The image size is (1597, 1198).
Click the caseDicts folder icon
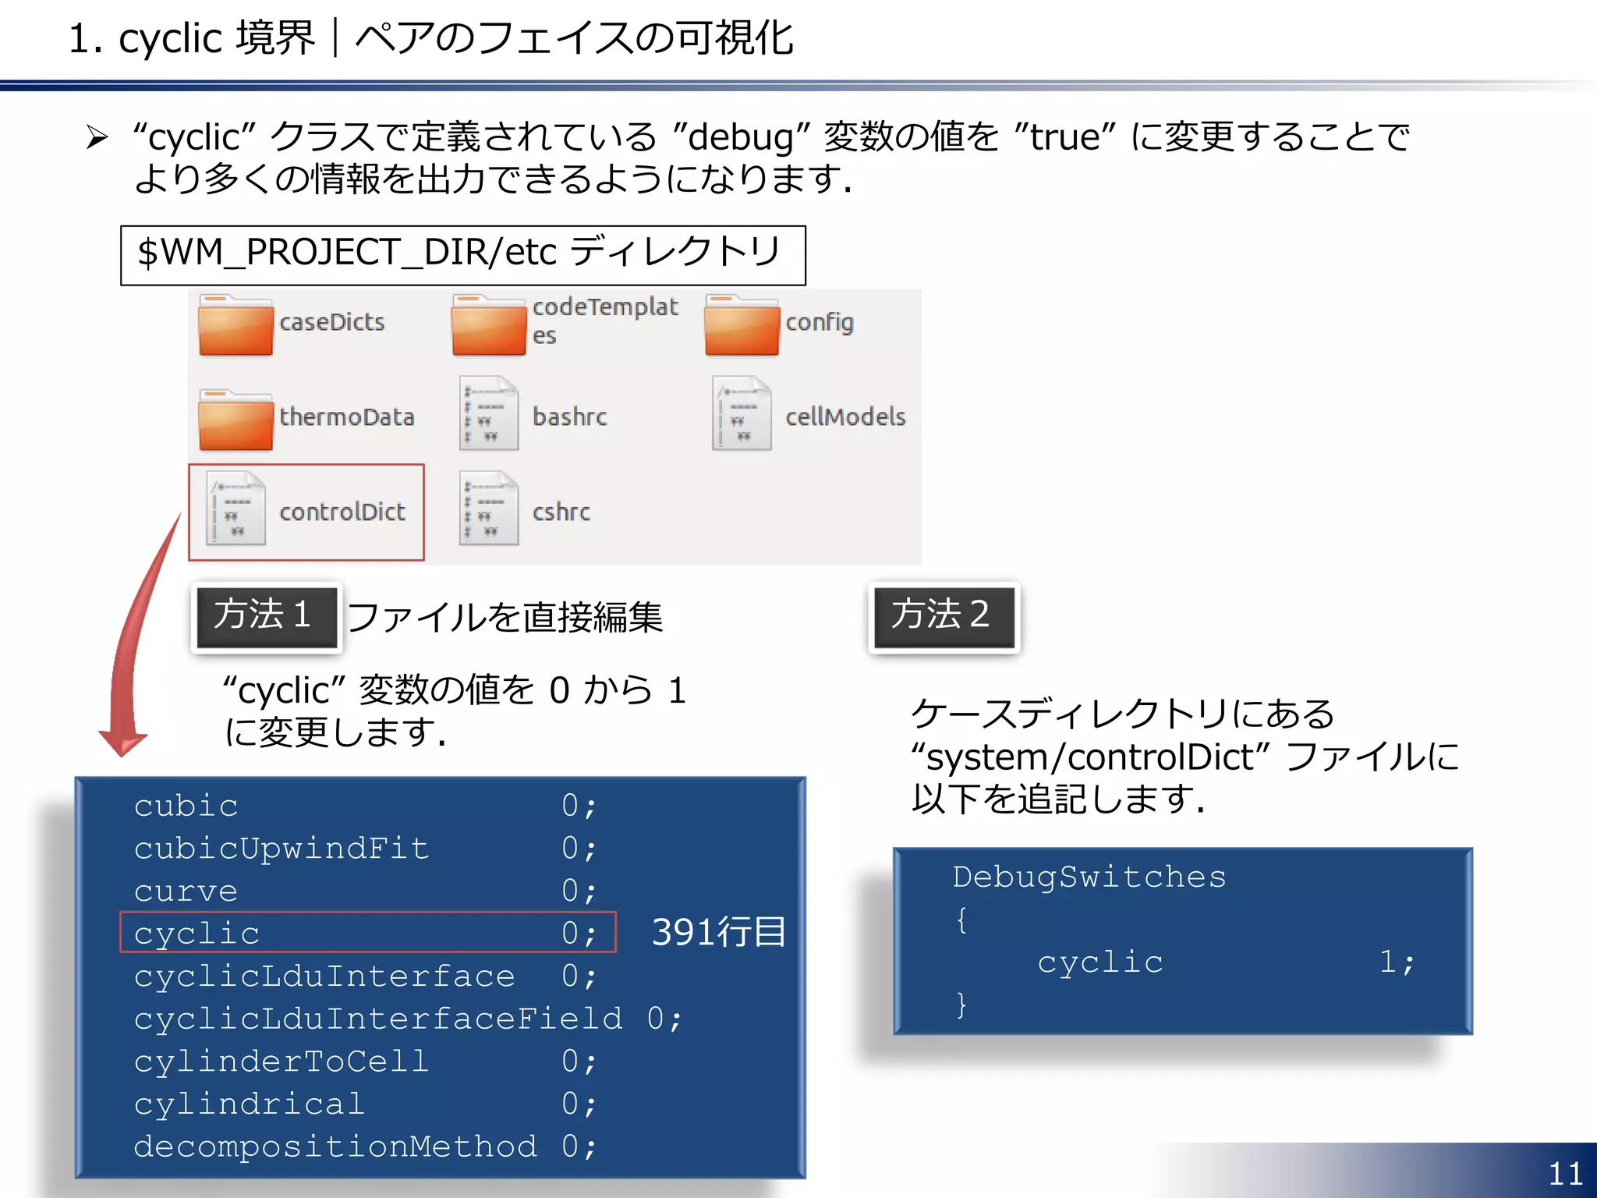[235, 326]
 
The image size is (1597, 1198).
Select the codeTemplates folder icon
[489, 326]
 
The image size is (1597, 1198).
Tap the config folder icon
[742, 326]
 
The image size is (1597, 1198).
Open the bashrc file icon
[489, 413]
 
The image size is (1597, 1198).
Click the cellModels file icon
[742, 413]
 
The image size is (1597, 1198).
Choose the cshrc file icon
[489, 509]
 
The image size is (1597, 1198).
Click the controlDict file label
[342, 512]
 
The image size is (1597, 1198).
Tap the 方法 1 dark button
[266, 616]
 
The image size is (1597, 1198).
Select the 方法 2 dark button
[944, 616]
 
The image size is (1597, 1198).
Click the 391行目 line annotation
[718, 933]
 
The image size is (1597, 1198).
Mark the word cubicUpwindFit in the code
[282, 849]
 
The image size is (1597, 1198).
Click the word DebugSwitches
[1089, 877]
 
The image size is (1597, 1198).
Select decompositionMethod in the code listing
[335, 1147]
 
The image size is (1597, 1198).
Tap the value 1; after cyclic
[1396, 962]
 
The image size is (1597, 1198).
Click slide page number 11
[1564, 1174]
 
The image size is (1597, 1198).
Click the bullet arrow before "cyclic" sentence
[97, 138]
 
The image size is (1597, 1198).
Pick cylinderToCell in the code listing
[282, 1062]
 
